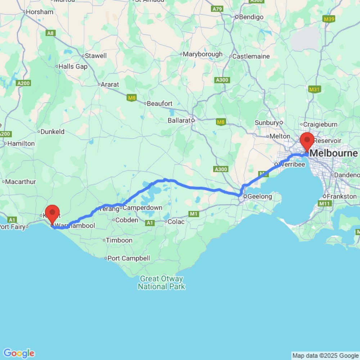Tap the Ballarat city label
pyautogui.click(x=179, y=121)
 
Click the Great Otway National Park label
pyautogui.click(x=161, y=283)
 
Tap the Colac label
pyautogui.click(x=176, y=222)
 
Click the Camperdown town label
pyautogui.click(x=143, y=208)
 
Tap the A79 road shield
pyautogui.click(x=217, y=9)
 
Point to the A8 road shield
pyautogui.click(x=51, y=33)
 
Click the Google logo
pyautogui.click(x=19, y=353)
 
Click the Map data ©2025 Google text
pyautogui.click(x=325, y=356)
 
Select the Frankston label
pyautogui.click(x=342, y=197)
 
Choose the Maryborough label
pyautogui.click(x=203, y=54)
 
